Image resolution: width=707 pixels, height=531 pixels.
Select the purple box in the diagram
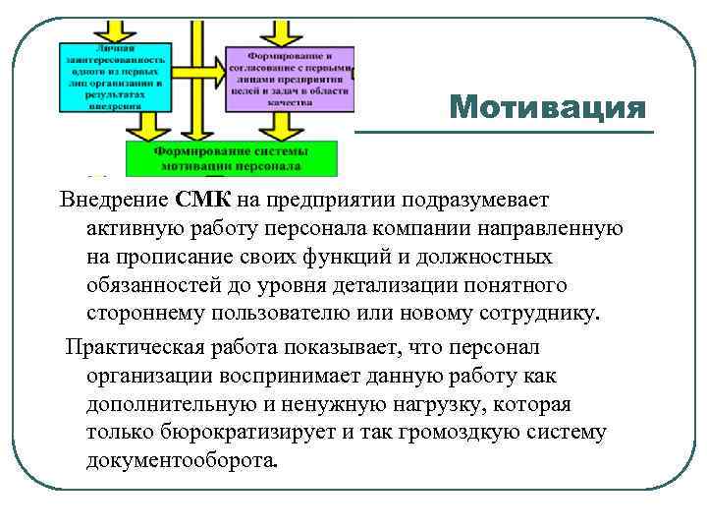(x=289, y=79)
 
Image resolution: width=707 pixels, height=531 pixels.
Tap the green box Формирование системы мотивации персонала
(x=231, y=158)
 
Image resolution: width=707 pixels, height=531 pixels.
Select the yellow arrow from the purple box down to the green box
(x=268, y=125)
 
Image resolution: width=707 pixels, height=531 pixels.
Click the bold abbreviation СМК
(x=203, y=201)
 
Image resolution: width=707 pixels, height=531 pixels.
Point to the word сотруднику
(x=539, y=315)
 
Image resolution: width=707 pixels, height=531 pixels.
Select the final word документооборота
(x=182, y=461)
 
